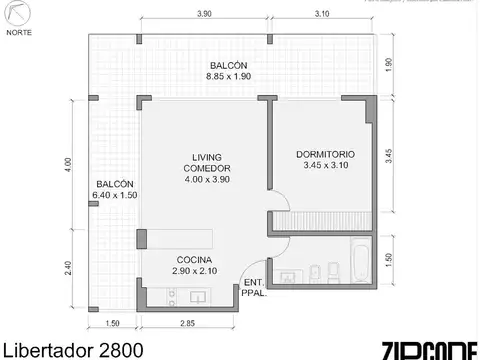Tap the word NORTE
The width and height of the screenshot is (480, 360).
[x=19, y=32]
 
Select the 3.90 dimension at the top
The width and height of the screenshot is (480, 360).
[x=203, y=14]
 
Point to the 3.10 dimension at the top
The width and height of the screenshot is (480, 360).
[x=322, y=14]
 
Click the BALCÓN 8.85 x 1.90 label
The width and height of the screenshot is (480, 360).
[x=228, y=71]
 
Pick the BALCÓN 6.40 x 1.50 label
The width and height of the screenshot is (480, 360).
[x=114, y=189]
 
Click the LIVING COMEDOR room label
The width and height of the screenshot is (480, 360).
[x=207, y=167]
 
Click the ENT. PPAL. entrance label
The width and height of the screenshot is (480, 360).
[x=254, y=287]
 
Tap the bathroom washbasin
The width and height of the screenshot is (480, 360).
[x=288, y=273]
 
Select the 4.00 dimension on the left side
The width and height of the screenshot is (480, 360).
[x=68, y=163]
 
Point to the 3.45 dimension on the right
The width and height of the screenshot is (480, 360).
[x=390, y=156]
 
